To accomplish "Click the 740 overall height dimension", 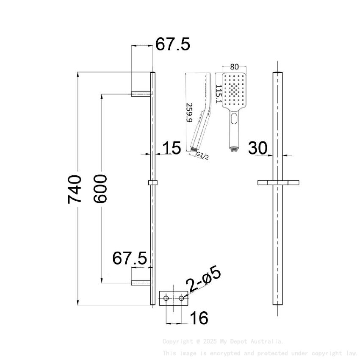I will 75,189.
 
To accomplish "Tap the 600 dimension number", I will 100,189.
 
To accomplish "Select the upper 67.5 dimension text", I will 173,44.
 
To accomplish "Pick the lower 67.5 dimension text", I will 130,258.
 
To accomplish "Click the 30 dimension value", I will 258,148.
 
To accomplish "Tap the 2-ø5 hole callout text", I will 205,280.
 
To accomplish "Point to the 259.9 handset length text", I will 190,113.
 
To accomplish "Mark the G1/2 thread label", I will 202,156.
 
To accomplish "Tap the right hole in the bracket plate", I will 182,299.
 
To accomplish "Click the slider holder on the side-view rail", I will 153,183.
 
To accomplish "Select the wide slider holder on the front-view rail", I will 278,183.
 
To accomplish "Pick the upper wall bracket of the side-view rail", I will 141,94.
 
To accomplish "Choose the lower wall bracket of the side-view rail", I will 141,282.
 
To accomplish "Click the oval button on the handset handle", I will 234,120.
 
